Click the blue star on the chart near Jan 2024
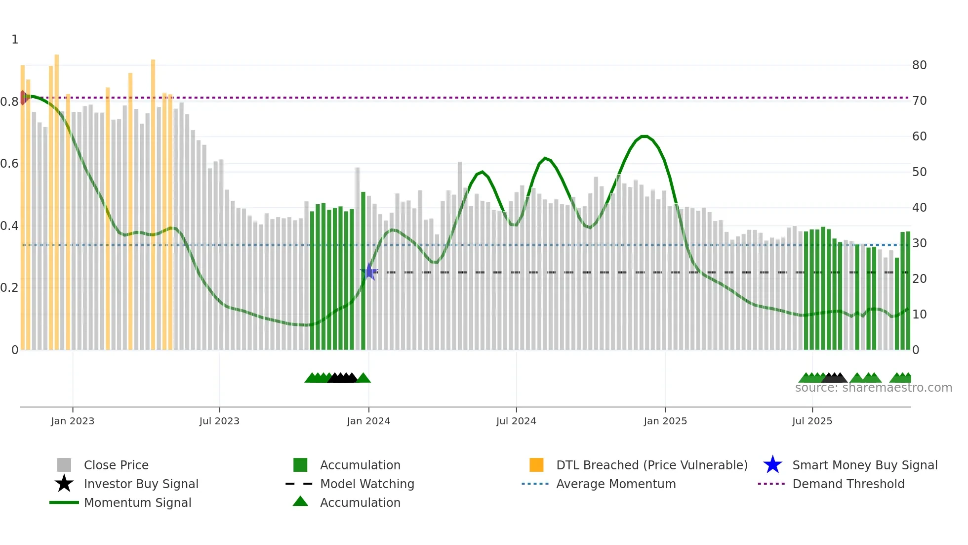369,272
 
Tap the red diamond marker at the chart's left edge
23,97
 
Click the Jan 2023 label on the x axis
73,421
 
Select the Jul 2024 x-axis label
516,421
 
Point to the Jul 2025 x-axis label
812,421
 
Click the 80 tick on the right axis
919,65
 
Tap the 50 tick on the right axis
919,172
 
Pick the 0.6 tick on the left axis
9,164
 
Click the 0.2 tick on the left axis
9,288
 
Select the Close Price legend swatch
64,465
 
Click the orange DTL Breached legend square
536,465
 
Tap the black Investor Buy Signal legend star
64,484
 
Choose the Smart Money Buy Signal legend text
865,465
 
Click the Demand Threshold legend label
848,484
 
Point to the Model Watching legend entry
367,484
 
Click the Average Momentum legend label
616,484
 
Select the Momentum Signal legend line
64,502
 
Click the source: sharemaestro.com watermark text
873,388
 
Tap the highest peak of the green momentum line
644,136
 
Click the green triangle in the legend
300,501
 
